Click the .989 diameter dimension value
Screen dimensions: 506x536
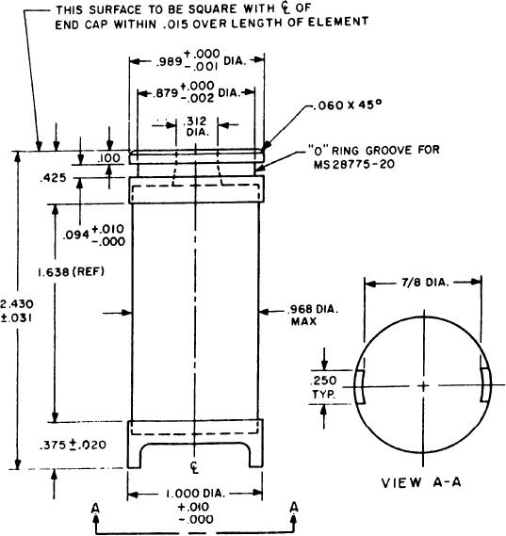tap(169, 62)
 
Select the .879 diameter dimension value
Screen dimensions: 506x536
tap(165, 93)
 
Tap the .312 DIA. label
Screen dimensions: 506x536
tap(196, 126)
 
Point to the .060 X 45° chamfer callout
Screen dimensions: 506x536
tap(347, 105)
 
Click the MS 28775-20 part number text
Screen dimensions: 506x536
tap(354, 165)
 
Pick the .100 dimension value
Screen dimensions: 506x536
tap(108, 158)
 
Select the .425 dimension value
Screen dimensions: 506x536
tap(53, 178)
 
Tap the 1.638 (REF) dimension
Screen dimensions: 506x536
tap(71, 272)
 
